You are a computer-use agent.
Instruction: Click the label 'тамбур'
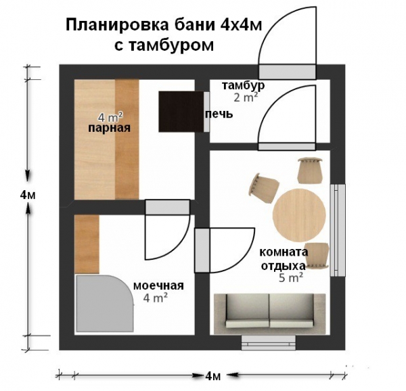click(x=243, y=86)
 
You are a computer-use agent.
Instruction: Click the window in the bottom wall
click(x=269, y=342)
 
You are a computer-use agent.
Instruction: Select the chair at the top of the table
click(x=311, y=169)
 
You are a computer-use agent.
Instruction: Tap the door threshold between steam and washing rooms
click(x=166, y=207)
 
